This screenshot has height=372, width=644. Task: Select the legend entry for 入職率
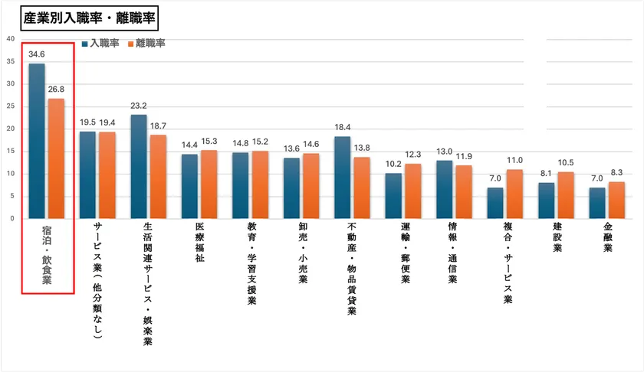(x=102, y=44)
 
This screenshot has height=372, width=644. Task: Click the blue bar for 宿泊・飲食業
(x=37, y=141)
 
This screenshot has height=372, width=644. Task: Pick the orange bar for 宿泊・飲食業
(x=56, y=158)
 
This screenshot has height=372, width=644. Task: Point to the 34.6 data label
(x=37, y=55)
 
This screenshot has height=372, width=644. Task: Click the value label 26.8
(x=56, y=90)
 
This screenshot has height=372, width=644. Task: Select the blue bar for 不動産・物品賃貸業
(x=343, y=178)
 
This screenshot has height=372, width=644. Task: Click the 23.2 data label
(x=139, y=106)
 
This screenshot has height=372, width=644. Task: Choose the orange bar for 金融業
(x=617, y=200)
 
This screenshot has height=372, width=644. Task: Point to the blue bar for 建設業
(x=546, y=201)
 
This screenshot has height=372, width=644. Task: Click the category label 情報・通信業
(x=453, y=253)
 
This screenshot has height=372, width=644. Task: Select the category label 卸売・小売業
(x=301, y=253)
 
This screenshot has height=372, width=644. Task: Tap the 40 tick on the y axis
(x=9, y=39)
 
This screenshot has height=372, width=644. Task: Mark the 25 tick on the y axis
(x=9, y=106)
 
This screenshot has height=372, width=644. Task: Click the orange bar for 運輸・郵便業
(x=413, y=191)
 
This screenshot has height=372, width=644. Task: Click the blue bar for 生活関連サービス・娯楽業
(x=139, y=167)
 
